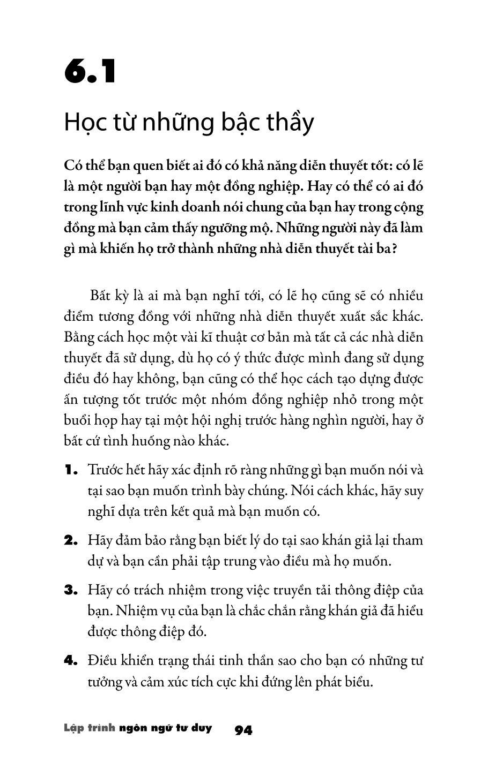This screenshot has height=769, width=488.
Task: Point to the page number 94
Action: (x=243, y=730)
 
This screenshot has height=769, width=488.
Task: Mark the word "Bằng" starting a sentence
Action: (x=78, y=338)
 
